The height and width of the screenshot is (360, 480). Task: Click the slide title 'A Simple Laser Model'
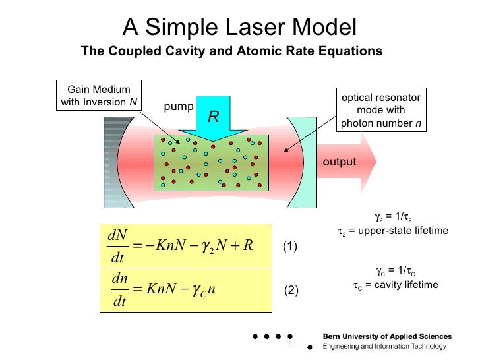click(239, 27)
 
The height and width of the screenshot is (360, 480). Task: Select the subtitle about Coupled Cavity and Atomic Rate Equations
click(231, 51)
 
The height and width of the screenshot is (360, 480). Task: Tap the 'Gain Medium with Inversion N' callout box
click(99, 96)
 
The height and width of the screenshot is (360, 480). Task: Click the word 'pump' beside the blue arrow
click(178, 106)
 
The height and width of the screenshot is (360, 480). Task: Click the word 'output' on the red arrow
click(339, 162)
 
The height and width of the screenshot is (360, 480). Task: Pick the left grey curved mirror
click(114, 162)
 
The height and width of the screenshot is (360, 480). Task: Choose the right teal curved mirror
click(302, 162)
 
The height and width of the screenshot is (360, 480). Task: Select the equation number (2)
click(291, 290)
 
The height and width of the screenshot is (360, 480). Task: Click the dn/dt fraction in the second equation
click(119, 289)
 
